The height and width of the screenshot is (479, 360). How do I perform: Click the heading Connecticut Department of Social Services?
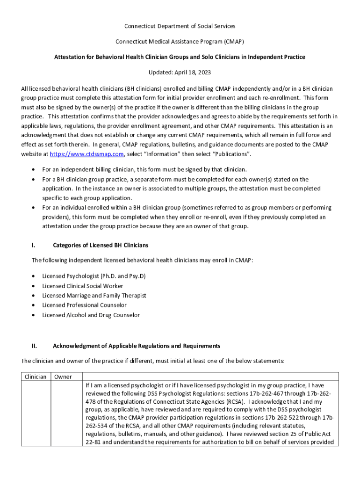coord(180,26)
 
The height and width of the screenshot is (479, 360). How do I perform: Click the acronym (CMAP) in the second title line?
coord(232,42)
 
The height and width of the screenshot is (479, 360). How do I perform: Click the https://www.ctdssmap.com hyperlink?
coord(86,154)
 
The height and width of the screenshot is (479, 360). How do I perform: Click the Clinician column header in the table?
coord(36,377)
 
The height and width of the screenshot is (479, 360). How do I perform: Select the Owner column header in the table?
coord(63,377)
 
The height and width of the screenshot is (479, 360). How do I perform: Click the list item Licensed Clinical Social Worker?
coord(83,286)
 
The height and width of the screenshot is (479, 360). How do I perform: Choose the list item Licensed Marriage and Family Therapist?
coord(94,296)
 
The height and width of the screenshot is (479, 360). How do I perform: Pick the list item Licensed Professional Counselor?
coord(84,305)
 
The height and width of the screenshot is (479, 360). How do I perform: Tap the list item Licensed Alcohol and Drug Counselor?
coord(91,315)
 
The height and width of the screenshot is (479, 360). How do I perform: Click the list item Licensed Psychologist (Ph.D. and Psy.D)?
coord(94,276)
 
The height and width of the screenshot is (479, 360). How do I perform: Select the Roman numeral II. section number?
coord(34,346)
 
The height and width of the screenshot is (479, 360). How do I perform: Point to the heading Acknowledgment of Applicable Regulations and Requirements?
coord(136,346)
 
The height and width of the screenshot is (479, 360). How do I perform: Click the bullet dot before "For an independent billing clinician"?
coord(33,169)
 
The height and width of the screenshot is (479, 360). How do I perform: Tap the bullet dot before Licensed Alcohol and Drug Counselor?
coord(33,315)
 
